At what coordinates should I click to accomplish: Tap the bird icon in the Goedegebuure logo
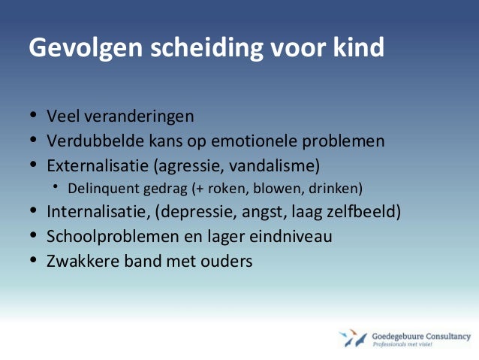(x=351, y=338)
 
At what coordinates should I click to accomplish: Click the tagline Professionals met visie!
(x=409, y=345)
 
